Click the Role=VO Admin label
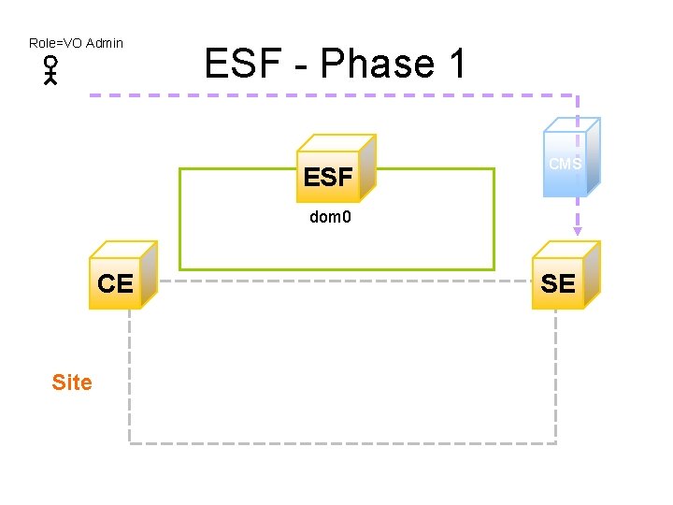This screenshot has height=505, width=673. coord(76,43)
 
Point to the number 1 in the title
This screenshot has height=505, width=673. coord(455,65)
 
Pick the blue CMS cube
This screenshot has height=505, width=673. coord(569,159)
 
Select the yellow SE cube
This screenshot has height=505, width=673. coord(564,278)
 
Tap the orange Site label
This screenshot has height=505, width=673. coord(72,382)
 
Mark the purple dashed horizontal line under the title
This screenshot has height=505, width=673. coord(327,95)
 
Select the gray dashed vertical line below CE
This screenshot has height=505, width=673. coord(129,374)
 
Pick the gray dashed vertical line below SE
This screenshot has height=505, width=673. coord(556,374)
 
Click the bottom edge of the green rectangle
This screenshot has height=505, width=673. coord(336,269)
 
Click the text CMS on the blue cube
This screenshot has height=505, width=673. coord(565,164)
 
